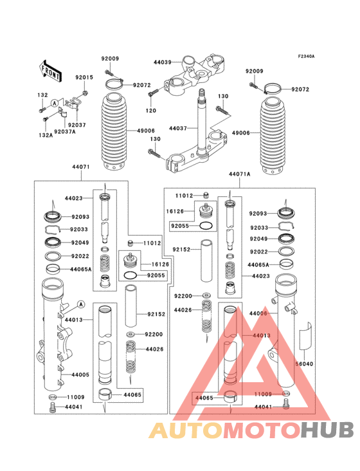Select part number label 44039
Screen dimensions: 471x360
[x=163, y=62]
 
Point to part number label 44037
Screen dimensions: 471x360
[x=178, y=128]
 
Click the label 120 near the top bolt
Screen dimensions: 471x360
[x=151, y=111]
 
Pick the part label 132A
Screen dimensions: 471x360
[x=44, y=136]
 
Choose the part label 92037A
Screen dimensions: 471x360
[x=65, y=132]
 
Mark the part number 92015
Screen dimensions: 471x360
[x=84, y=77]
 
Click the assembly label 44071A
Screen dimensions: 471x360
[x=239, y=174]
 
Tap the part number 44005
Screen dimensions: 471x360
[x=80, y=374]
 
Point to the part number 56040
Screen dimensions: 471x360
[x=303, y=364]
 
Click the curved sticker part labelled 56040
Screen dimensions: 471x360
[x=305, y=335]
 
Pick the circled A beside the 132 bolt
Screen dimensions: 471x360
[x=55, y=102]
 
